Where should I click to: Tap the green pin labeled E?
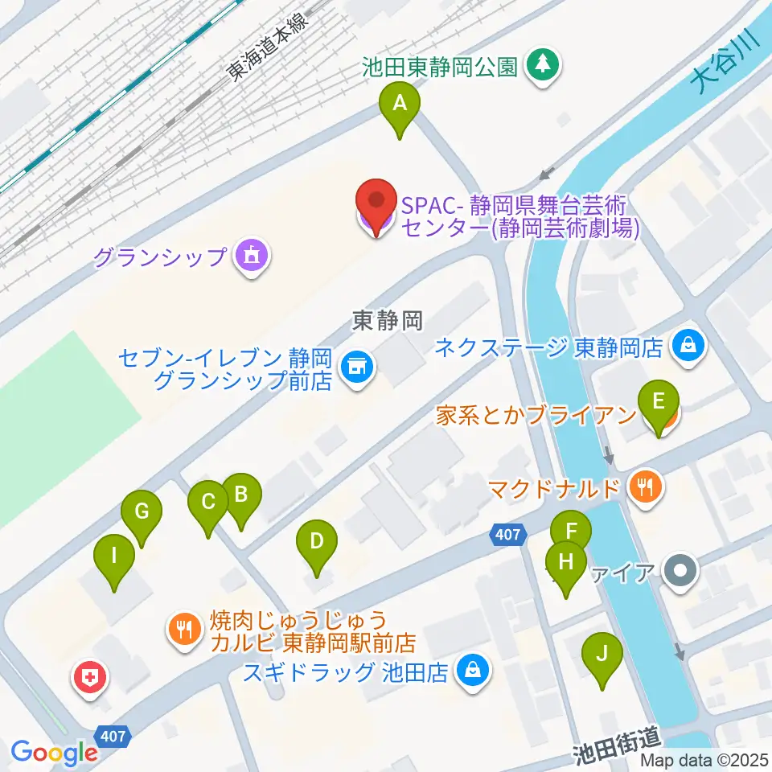click(x=658, y=402)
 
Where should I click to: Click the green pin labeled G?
click(x=142, y=512)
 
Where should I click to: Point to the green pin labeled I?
click(x=113, y=556)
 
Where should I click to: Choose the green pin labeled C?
click(x=207, y=504)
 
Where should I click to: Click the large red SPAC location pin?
click(x=376, y=203)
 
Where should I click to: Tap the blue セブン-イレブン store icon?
click(x=357, y=368)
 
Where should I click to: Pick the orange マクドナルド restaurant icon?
click(x=645, y=486)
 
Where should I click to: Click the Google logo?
click(x=54, y=752)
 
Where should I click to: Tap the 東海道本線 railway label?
click(x=265, y=48)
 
